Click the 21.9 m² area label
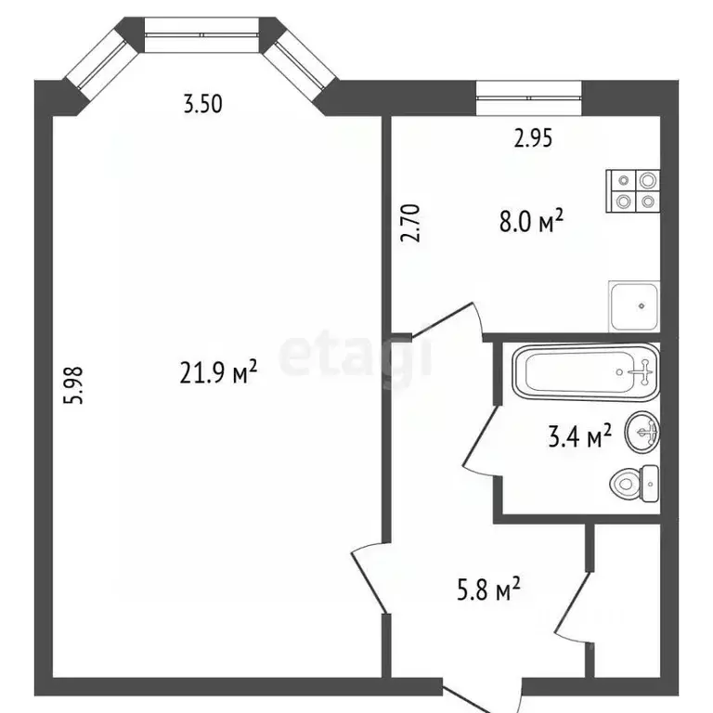click(x=217, y=373)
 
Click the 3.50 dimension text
click(x=202, y=104)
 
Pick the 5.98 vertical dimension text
click(x=77, y=385)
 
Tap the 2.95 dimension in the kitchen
click(x=533, y=139)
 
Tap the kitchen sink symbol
click(x=634, y=305)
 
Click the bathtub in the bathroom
click(x=585, y=373)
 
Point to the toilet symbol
click(x=635, y=481)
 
